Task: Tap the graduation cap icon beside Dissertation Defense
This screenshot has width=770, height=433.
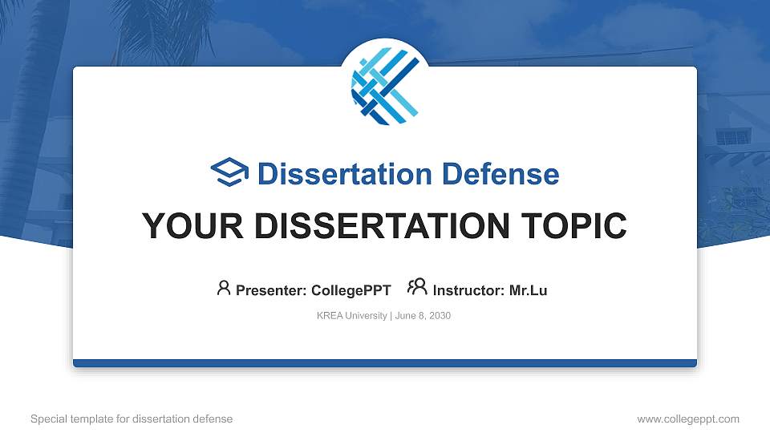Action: click(x=229, y=172)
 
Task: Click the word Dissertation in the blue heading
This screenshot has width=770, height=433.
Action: click(x=345, y=174)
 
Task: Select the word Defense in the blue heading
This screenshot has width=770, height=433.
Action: click(x=500, y=174)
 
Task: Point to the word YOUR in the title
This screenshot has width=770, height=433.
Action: click(x=192, y=226)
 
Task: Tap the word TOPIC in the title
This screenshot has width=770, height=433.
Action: click(x=573, y=226)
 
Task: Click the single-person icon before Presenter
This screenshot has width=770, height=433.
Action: click(x=224, y=288)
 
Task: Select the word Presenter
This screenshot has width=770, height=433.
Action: click(x=271, y=290)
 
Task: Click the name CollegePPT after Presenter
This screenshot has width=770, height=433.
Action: click(x=351, y=290)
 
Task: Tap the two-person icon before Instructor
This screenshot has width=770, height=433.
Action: click(x=417, y=287)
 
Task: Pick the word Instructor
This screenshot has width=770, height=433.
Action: click(x=468, y=290)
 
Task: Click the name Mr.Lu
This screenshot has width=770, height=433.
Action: click(x=528, y=290)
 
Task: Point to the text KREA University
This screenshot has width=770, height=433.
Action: click(x=351, y=316)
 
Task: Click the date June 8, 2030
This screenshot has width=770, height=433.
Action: click(x=423, y=316)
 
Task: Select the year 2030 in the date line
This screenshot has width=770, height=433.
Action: click(x=440, y=316)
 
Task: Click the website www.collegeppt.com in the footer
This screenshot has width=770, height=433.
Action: click(x=688, y=419)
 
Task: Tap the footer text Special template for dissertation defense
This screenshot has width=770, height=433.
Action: click(x=132, y=419)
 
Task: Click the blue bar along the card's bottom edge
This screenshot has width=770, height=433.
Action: click(x=385, y=363)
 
